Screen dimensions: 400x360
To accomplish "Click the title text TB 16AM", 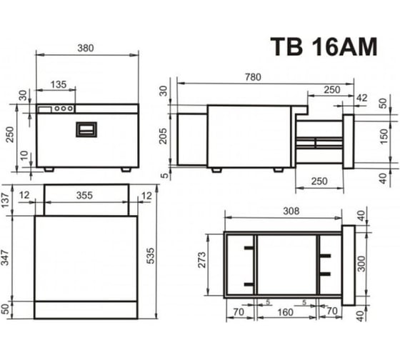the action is [x=324, y=46].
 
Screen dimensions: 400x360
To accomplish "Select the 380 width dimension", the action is [x=86, y=48].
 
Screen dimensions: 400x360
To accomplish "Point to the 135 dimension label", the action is [x=59, y=84].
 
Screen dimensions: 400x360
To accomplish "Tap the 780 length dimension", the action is [x=253, y=77].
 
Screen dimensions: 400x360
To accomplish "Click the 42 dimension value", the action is [x=361, y=98].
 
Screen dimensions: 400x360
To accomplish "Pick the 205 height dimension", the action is [x=163, y=136].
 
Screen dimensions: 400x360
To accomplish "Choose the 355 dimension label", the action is [x=84, y=196].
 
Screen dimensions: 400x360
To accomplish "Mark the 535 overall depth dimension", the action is [x=151, y=256].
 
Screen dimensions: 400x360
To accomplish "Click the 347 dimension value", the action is [x=5, y=258].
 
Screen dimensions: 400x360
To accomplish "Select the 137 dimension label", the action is [x=5, y=201].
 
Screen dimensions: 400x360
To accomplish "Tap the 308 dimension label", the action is [x=291, y=211].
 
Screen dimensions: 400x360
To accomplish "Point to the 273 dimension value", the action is [x=201, y=260].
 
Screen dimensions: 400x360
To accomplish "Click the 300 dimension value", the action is [x=361, y=264].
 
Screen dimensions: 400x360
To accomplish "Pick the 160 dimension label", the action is [x=285, y=312].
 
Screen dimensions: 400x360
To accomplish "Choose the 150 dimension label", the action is [x=384, y=136].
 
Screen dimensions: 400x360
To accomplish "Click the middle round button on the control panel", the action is [x=64, y=109].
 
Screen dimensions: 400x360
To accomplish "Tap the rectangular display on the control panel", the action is [x=45, y=109].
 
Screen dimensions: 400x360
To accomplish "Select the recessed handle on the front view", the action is [x=86, y=129].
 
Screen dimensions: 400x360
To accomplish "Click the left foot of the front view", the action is [x=49, y=169].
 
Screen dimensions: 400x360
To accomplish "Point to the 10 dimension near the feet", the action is [x=24, y=156].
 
